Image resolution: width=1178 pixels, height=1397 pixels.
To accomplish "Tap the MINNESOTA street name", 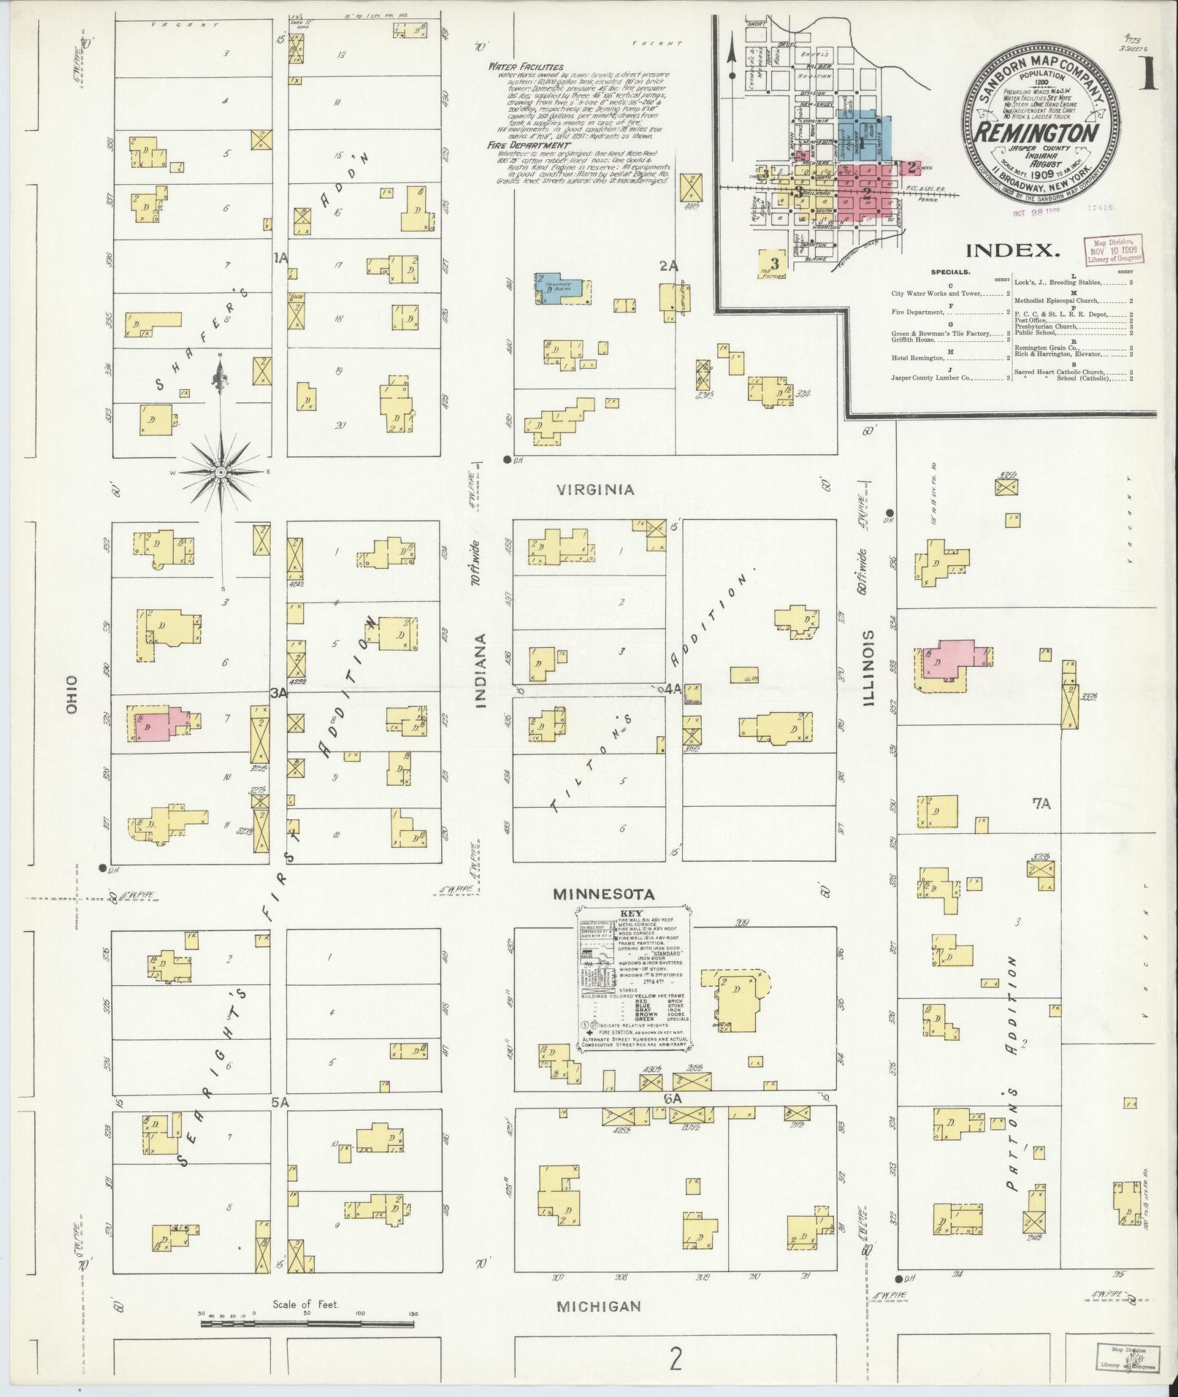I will pos(603,894).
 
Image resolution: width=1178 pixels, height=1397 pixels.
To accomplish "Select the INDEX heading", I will pos(1013,251).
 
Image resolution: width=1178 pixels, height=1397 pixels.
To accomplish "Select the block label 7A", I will pos(1041,804).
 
